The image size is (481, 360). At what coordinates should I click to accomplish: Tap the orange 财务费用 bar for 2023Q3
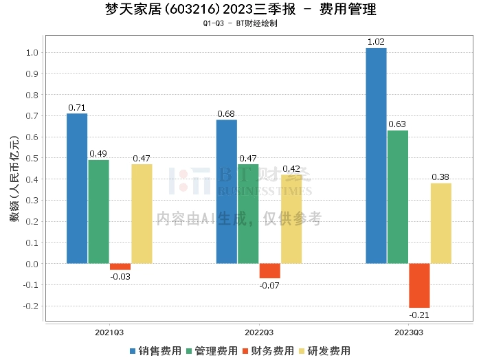419,285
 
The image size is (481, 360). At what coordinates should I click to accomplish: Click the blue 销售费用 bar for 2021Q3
77,188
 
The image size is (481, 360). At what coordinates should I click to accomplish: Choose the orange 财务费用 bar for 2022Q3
269,271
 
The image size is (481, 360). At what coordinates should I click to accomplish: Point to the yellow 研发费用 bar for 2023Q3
441,223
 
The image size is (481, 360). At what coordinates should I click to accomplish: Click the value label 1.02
376,42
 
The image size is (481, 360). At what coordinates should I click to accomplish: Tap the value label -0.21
419,315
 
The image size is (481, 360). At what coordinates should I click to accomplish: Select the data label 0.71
76,107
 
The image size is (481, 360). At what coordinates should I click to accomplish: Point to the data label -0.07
269,284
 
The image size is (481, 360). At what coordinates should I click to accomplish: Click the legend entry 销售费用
155,350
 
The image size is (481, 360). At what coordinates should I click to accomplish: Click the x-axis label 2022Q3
259,332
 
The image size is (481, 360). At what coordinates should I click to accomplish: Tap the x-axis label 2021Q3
109,332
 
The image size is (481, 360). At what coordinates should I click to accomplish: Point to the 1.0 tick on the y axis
30,53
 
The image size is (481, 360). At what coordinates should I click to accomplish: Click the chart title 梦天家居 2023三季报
240,10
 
